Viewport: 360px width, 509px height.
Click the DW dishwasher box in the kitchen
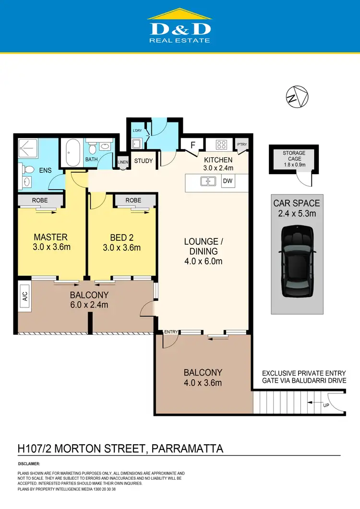pyautogui.click(x=228, y=181)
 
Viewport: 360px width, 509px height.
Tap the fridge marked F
pyautogui.click(x=192, y=144)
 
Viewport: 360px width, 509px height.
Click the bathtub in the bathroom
pyautogui.click(x=73, y=153)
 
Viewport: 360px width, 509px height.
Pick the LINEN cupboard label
pyautogui.click(x=123, y=163)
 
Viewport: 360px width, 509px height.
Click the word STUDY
pyautogui.click(x=143, y=161)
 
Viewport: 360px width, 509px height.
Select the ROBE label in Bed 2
pyautogui.click(x=133, y=200)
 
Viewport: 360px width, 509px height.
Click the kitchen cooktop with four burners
pyautogui.click(x=221, y=144)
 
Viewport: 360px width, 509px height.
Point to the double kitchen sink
pyautogui.click(x=208, y=181)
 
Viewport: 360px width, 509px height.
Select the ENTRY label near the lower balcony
pyautogui.click(x=170, y=331)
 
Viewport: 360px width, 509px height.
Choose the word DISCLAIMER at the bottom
pyautogui.click(x=29, y=464)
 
